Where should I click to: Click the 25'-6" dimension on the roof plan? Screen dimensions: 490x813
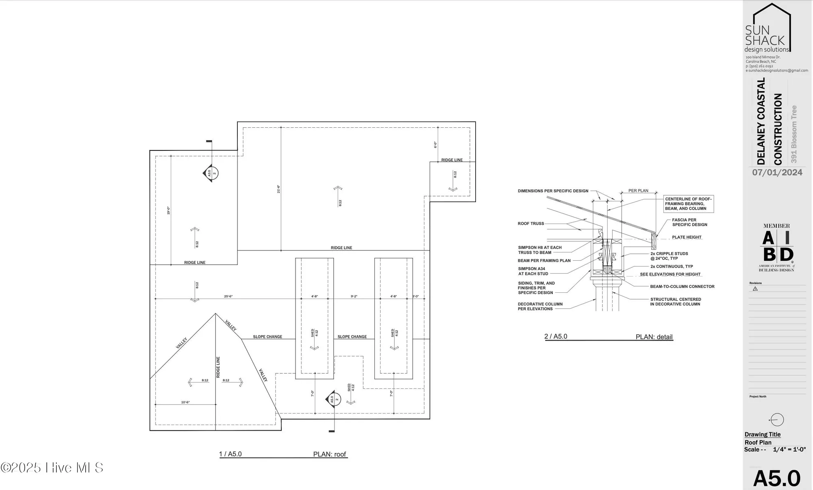[228, 296]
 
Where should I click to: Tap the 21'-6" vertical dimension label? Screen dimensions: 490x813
[278, 189]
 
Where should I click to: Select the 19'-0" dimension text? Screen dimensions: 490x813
[168, 211]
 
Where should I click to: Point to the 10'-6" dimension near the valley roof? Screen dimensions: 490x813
[185, 402]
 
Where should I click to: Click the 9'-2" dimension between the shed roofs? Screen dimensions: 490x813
[354, 296]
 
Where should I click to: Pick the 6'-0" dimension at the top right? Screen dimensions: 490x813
[435, 145]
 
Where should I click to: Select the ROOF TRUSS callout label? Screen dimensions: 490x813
[530, 224]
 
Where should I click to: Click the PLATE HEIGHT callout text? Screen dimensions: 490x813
[687, 237]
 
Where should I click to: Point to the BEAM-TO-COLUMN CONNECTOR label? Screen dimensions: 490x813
[682, 287]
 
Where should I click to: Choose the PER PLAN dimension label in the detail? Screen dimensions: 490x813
[638, 191]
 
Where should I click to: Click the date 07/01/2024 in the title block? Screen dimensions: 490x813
[777, 172]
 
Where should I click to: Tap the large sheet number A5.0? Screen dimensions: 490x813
[777, 478]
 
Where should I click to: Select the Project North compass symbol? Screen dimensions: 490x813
[776, 420]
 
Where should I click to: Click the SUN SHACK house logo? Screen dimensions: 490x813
[767, 28]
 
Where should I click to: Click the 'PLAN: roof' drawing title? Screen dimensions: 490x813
[329, 454]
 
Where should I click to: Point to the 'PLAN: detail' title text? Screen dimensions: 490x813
[654, 337]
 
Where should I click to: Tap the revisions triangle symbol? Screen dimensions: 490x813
[755, 289]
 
